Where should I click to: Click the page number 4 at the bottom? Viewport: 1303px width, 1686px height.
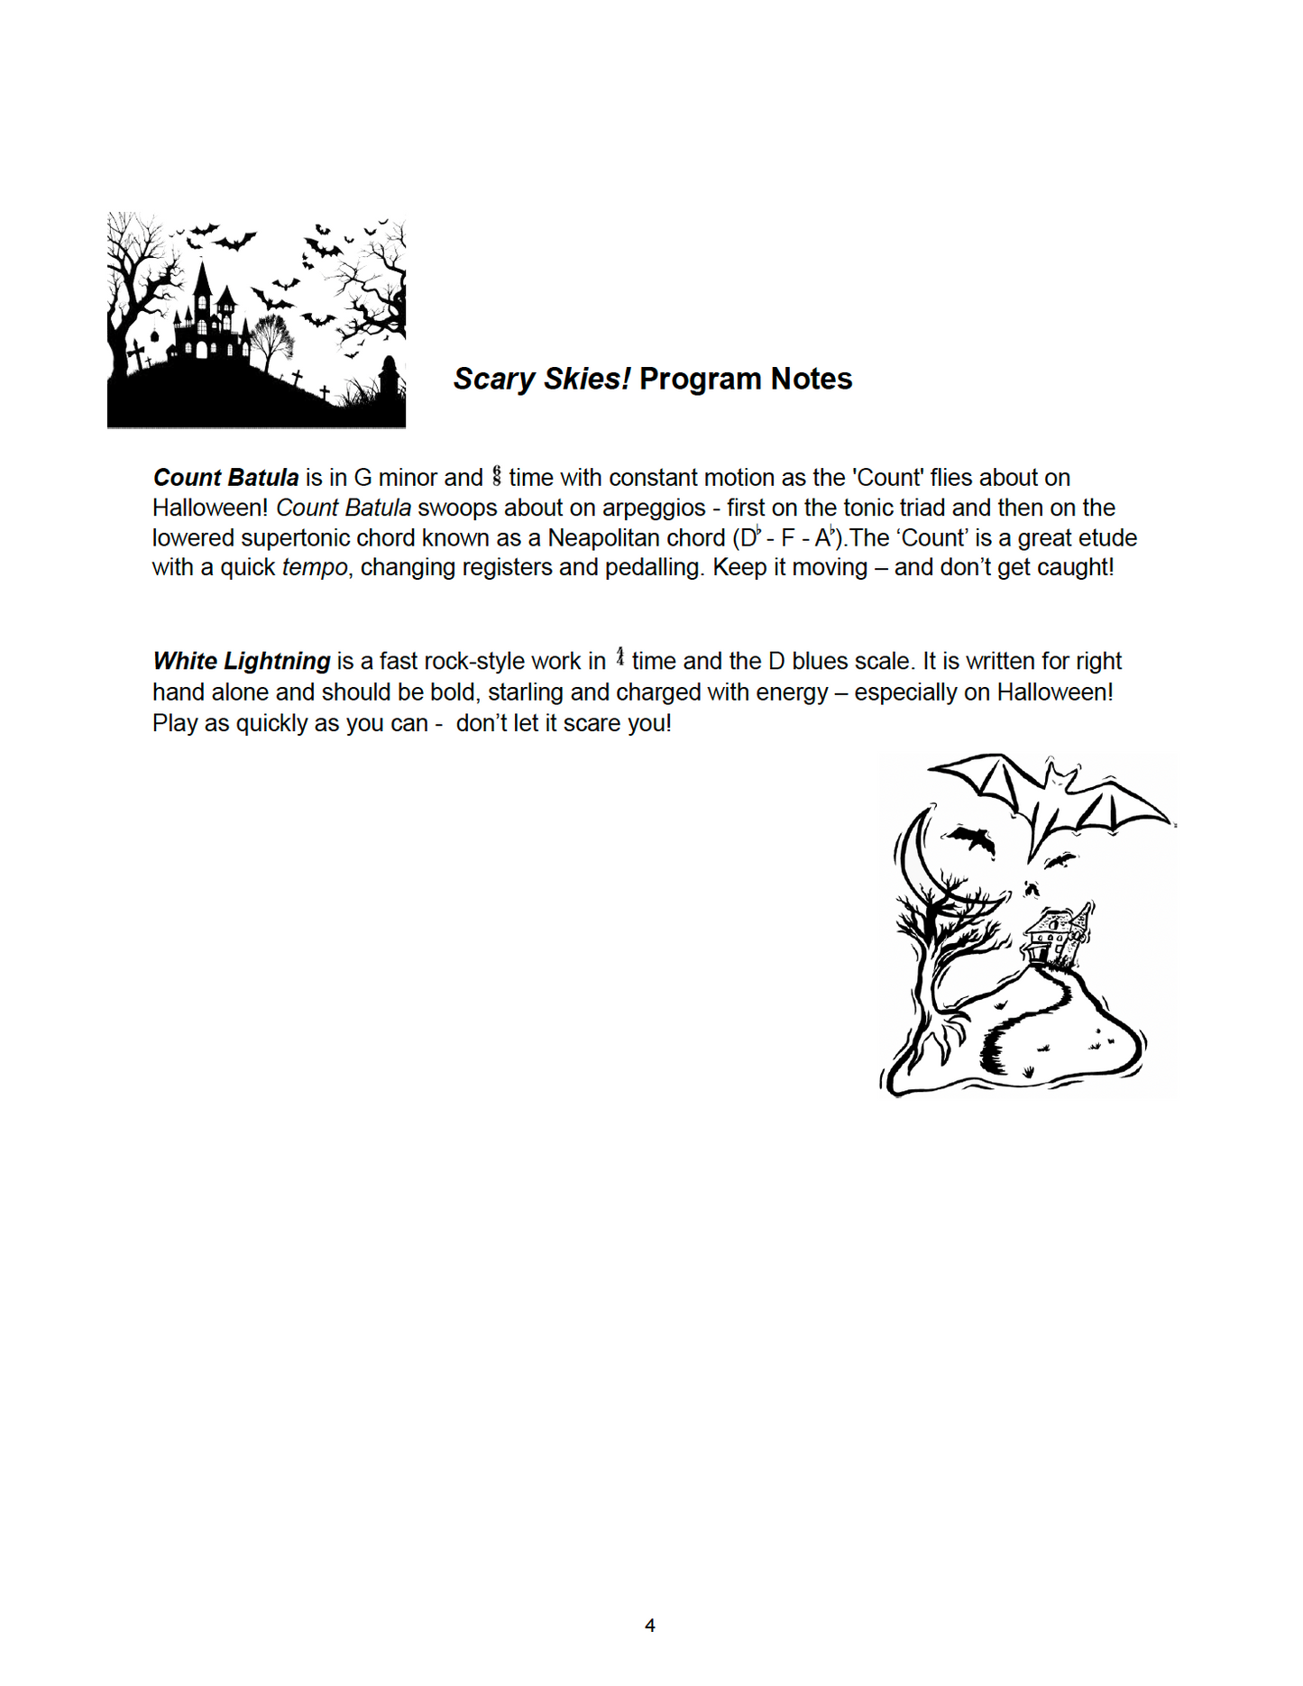[x=650, y=1625]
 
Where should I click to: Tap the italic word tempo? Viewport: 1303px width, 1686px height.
[x=315, y=568]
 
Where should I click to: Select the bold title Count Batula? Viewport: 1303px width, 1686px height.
[x=225, y=478]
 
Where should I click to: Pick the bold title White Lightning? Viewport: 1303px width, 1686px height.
[x=242, y=662]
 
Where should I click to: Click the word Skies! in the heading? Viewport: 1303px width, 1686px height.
[x=591, y=380]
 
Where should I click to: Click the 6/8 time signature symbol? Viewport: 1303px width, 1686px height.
[x=496, y=476]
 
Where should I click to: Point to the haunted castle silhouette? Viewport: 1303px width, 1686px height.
[x=209, y=316]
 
